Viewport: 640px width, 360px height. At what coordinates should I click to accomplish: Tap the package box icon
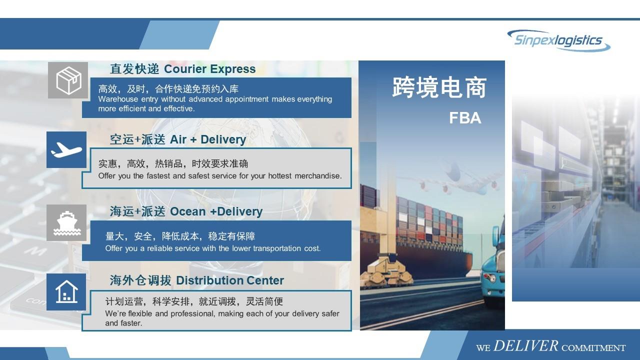click(68, 80)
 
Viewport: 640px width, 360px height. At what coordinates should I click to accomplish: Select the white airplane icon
click(66, 149)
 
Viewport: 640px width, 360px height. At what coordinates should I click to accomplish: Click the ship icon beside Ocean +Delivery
click(66, 223)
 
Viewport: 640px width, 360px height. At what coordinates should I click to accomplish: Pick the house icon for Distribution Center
click(66, 291)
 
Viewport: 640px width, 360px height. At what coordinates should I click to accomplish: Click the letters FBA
click(464, 118)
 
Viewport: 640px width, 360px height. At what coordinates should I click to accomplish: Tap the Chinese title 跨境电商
click(439, 87)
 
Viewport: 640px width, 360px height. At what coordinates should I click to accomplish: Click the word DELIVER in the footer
click(525, 346)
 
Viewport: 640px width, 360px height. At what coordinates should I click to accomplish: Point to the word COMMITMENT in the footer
click(593, 347)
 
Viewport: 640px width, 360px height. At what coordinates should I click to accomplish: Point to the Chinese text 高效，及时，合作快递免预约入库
click(168, 89)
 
